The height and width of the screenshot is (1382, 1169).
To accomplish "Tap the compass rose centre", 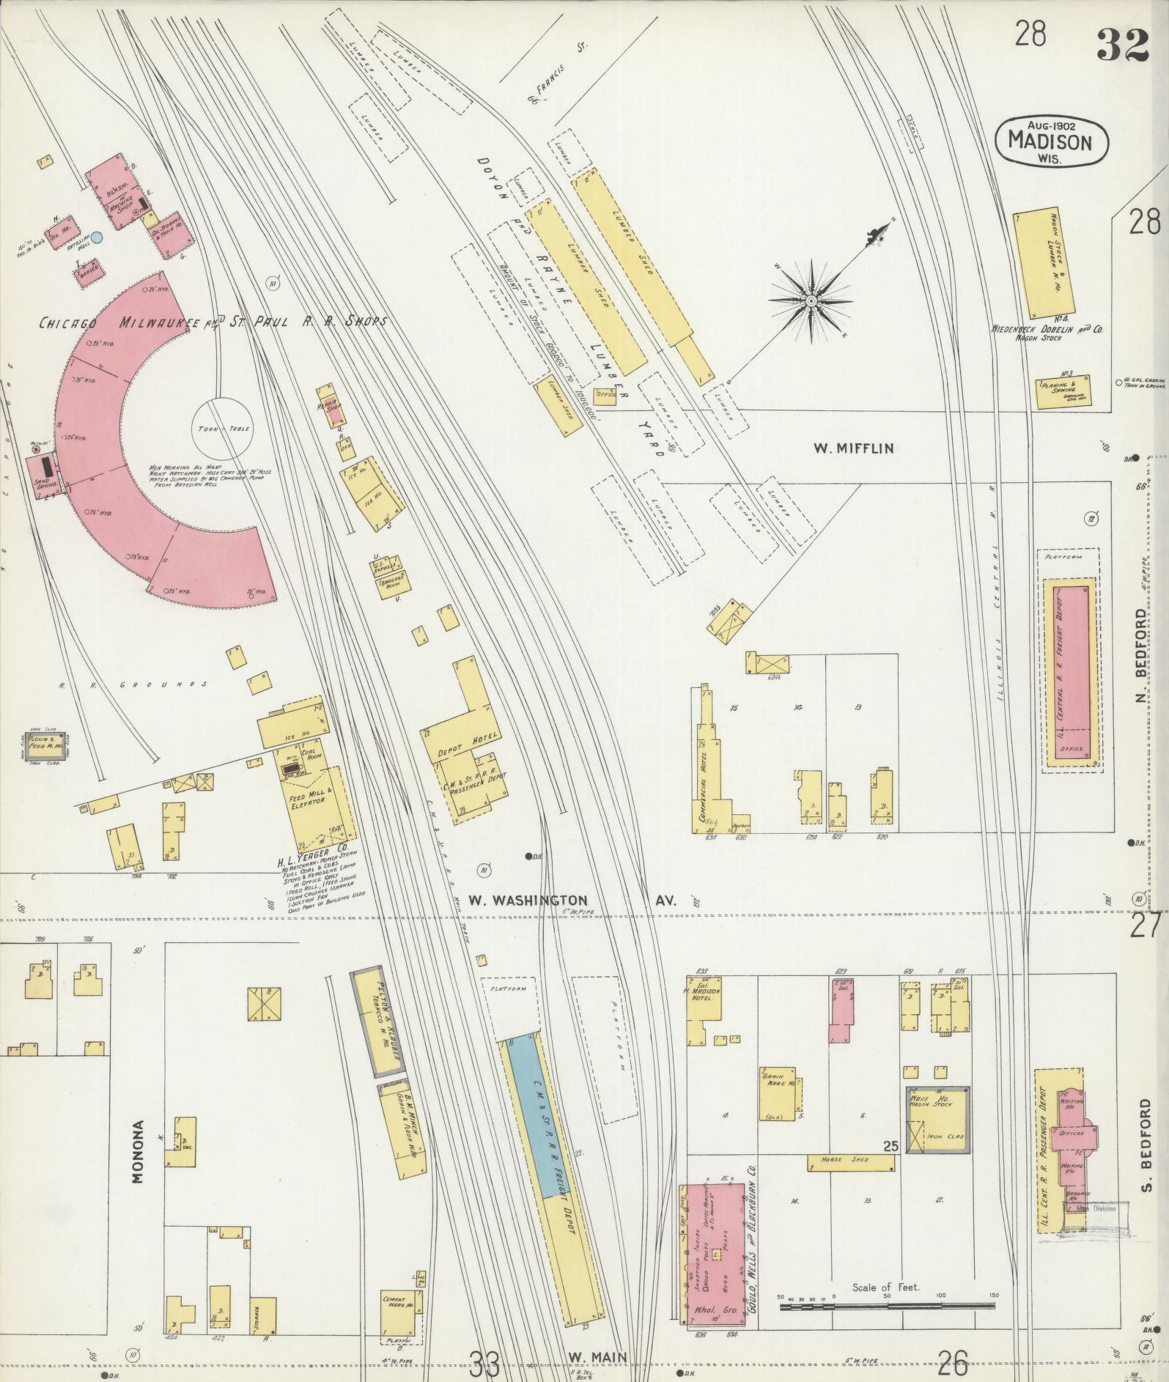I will pyautogui.click(x=811, y=301).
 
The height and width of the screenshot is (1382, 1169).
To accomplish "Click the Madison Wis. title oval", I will pyautogui.click(x=1051, y=141).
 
